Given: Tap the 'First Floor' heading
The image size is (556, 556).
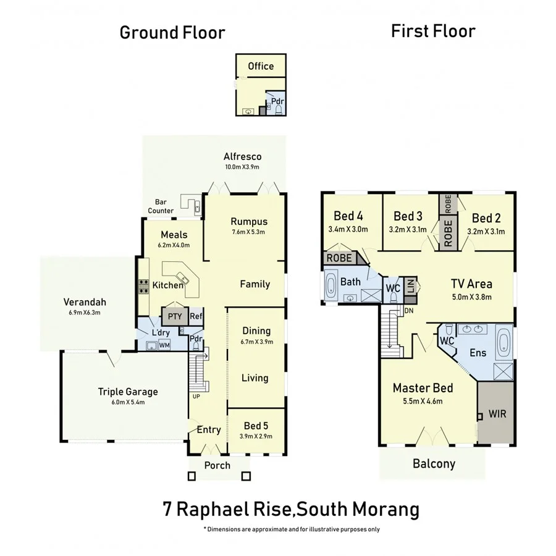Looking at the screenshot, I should [433, 31].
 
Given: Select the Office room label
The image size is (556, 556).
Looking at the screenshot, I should [260, 66].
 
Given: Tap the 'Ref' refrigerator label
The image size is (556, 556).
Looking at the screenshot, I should [196, 316].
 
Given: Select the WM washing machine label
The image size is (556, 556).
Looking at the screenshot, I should [164, 345].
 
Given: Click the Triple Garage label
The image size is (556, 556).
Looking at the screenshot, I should [128, 391].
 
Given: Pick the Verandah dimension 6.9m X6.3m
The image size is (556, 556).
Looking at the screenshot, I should [85, 313].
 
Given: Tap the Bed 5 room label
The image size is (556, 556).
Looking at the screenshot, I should [255, 426].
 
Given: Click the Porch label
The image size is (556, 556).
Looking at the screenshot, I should [216, 465].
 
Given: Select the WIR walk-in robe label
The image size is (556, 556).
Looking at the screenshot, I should [497, 413].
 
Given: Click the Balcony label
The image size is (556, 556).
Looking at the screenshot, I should [434, 463].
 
